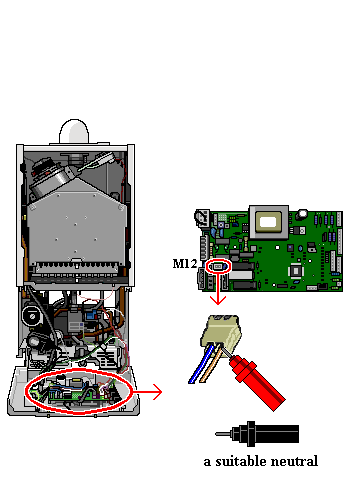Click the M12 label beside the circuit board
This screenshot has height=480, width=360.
click(x=185, y=264)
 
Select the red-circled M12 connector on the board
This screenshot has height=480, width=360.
click(x=218, y=267)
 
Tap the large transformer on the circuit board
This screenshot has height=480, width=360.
click(x=269, y=222)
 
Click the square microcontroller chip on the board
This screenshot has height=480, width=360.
click(x=296, y=270)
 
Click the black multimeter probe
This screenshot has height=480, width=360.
click(x=257, y=434)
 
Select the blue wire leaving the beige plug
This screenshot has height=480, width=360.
click(x=201, y=364)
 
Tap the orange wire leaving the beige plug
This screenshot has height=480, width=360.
click(x=211, y=365)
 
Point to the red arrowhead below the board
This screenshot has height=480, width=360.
click(x=218, y=300)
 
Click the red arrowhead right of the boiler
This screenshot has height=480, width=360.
click(x=157, y=392)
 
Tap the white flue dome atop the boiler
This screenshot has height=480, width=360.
click(x=74, y=131)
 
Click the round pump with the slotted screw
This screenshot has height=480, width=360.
click(x=33, y=315)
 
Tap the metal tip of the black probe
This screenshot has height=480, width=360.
click(x=223, y=434)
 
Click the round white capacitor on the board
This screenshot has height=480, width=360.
click(x=303, y=214)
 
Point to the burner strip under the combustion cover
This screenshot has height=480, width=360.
click(x=79, y=267)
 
